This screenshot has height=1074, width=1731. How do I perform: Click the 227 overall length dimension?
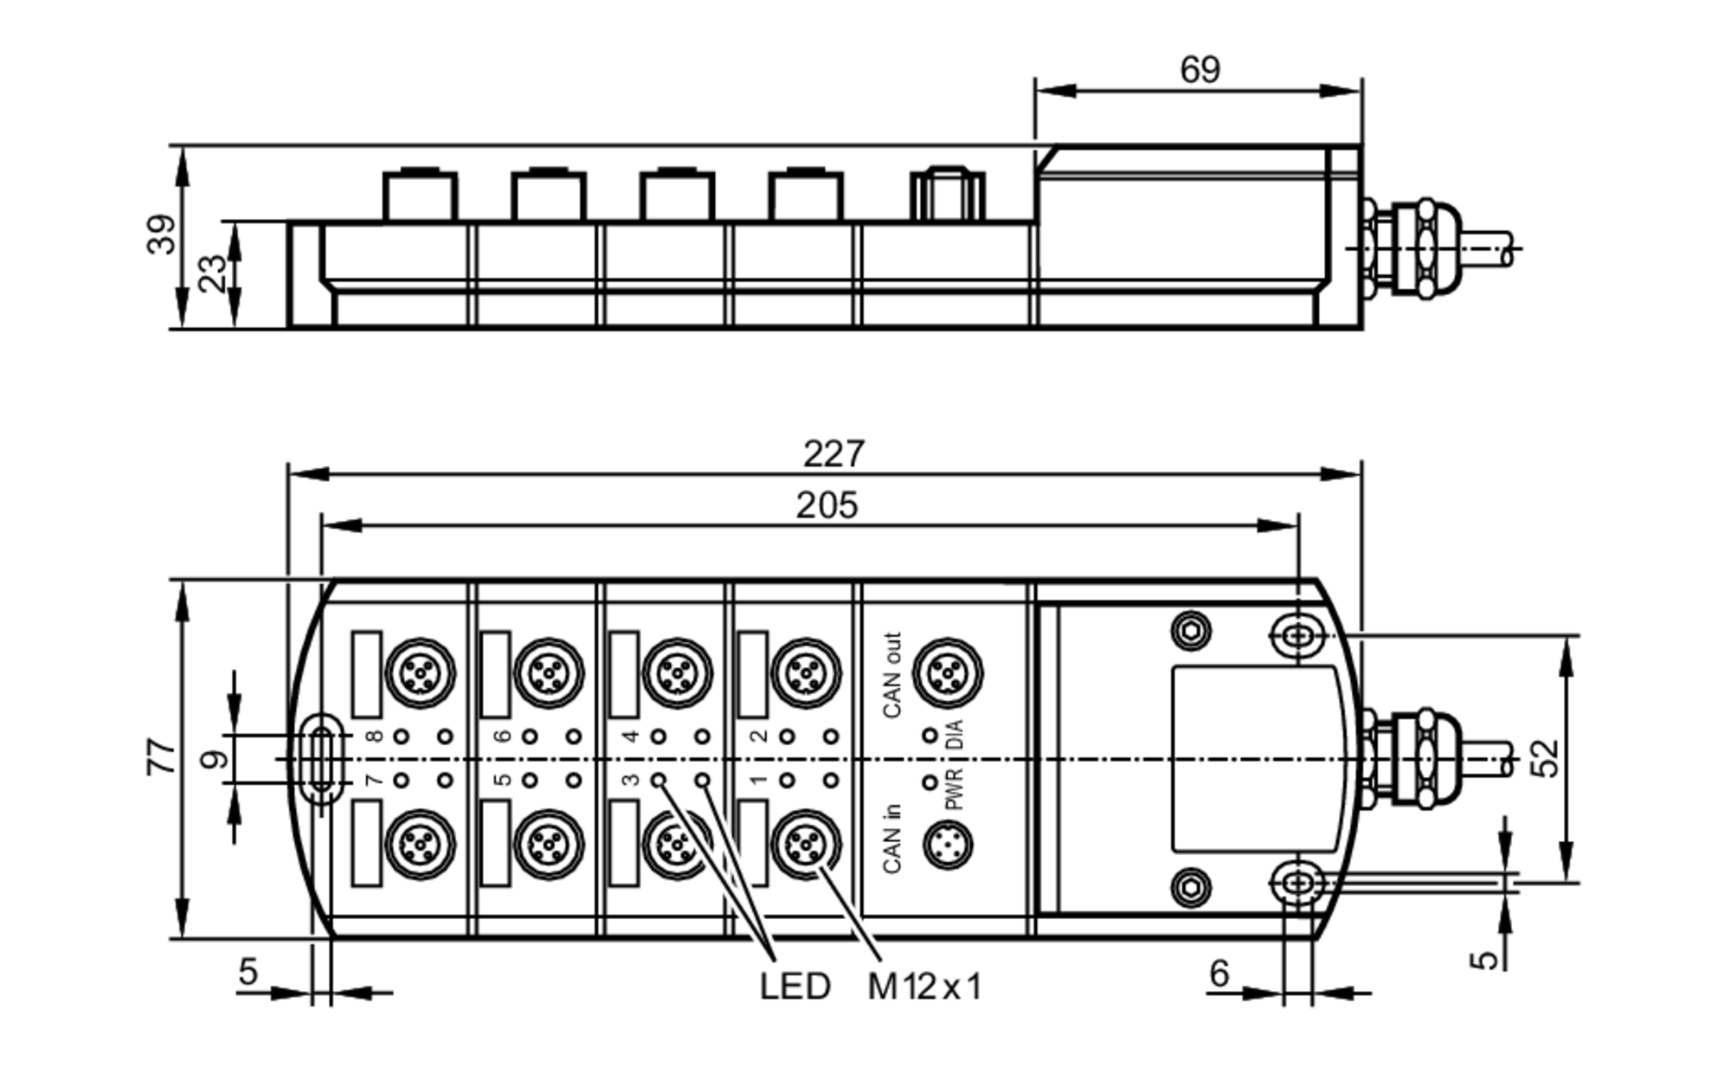tap(833, 454)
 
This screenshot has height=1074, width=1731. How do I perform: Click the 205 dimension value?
tap(827, 506)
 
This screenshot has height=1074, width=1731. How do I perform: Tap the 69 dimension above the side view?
tap(1200, 70)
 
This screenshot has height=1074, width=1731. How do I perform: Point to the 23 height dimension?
tap(213, 273)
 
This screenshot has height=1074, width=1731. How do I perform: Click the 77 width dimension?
tap(162, 756)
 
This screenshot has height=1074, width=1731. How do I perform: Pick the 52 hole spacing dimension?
tap(1548, 758)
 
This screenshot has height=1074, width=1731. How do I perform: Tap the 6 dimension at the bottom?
tap(1219, 974)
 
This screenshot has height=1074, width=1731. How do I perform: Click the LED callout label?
tap(795, 987)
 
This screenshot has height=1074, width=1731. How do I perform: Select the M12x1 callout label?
tap(924, 987)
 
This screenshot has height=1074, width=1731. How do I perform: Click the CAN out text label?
tap(892, 676)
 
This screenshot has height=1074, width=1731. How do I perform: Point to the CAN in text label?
tap(892, 839)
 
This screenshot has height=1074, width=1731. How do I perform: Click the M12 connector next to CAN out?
tap(948, 672)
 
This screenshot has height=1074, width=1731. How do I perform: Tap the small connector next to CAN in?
tap(948, 846)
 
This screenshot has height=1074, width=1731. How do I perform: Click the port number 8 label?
tap(374, 736)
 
